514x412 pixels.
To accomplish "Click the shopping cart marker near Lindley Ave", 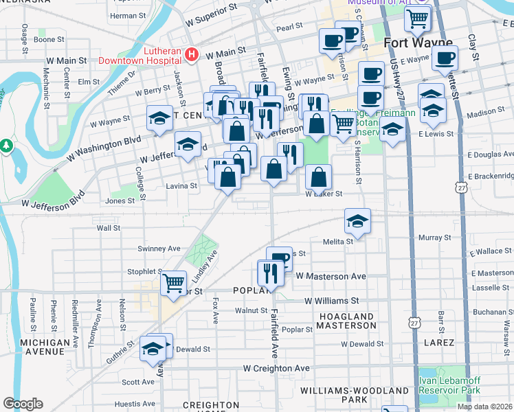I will coord(174,282).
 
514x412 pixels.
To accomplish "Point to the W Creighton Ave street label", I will coord(276,369).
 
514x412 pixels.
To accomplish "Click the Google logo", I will coord(23,403).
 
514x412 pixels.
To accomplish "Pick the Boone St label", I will coord(49,40).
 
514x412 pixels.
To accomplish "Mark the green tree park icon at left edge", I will coord(7,146).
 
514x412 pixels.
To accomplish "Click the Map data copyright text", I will coord(485,407).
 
